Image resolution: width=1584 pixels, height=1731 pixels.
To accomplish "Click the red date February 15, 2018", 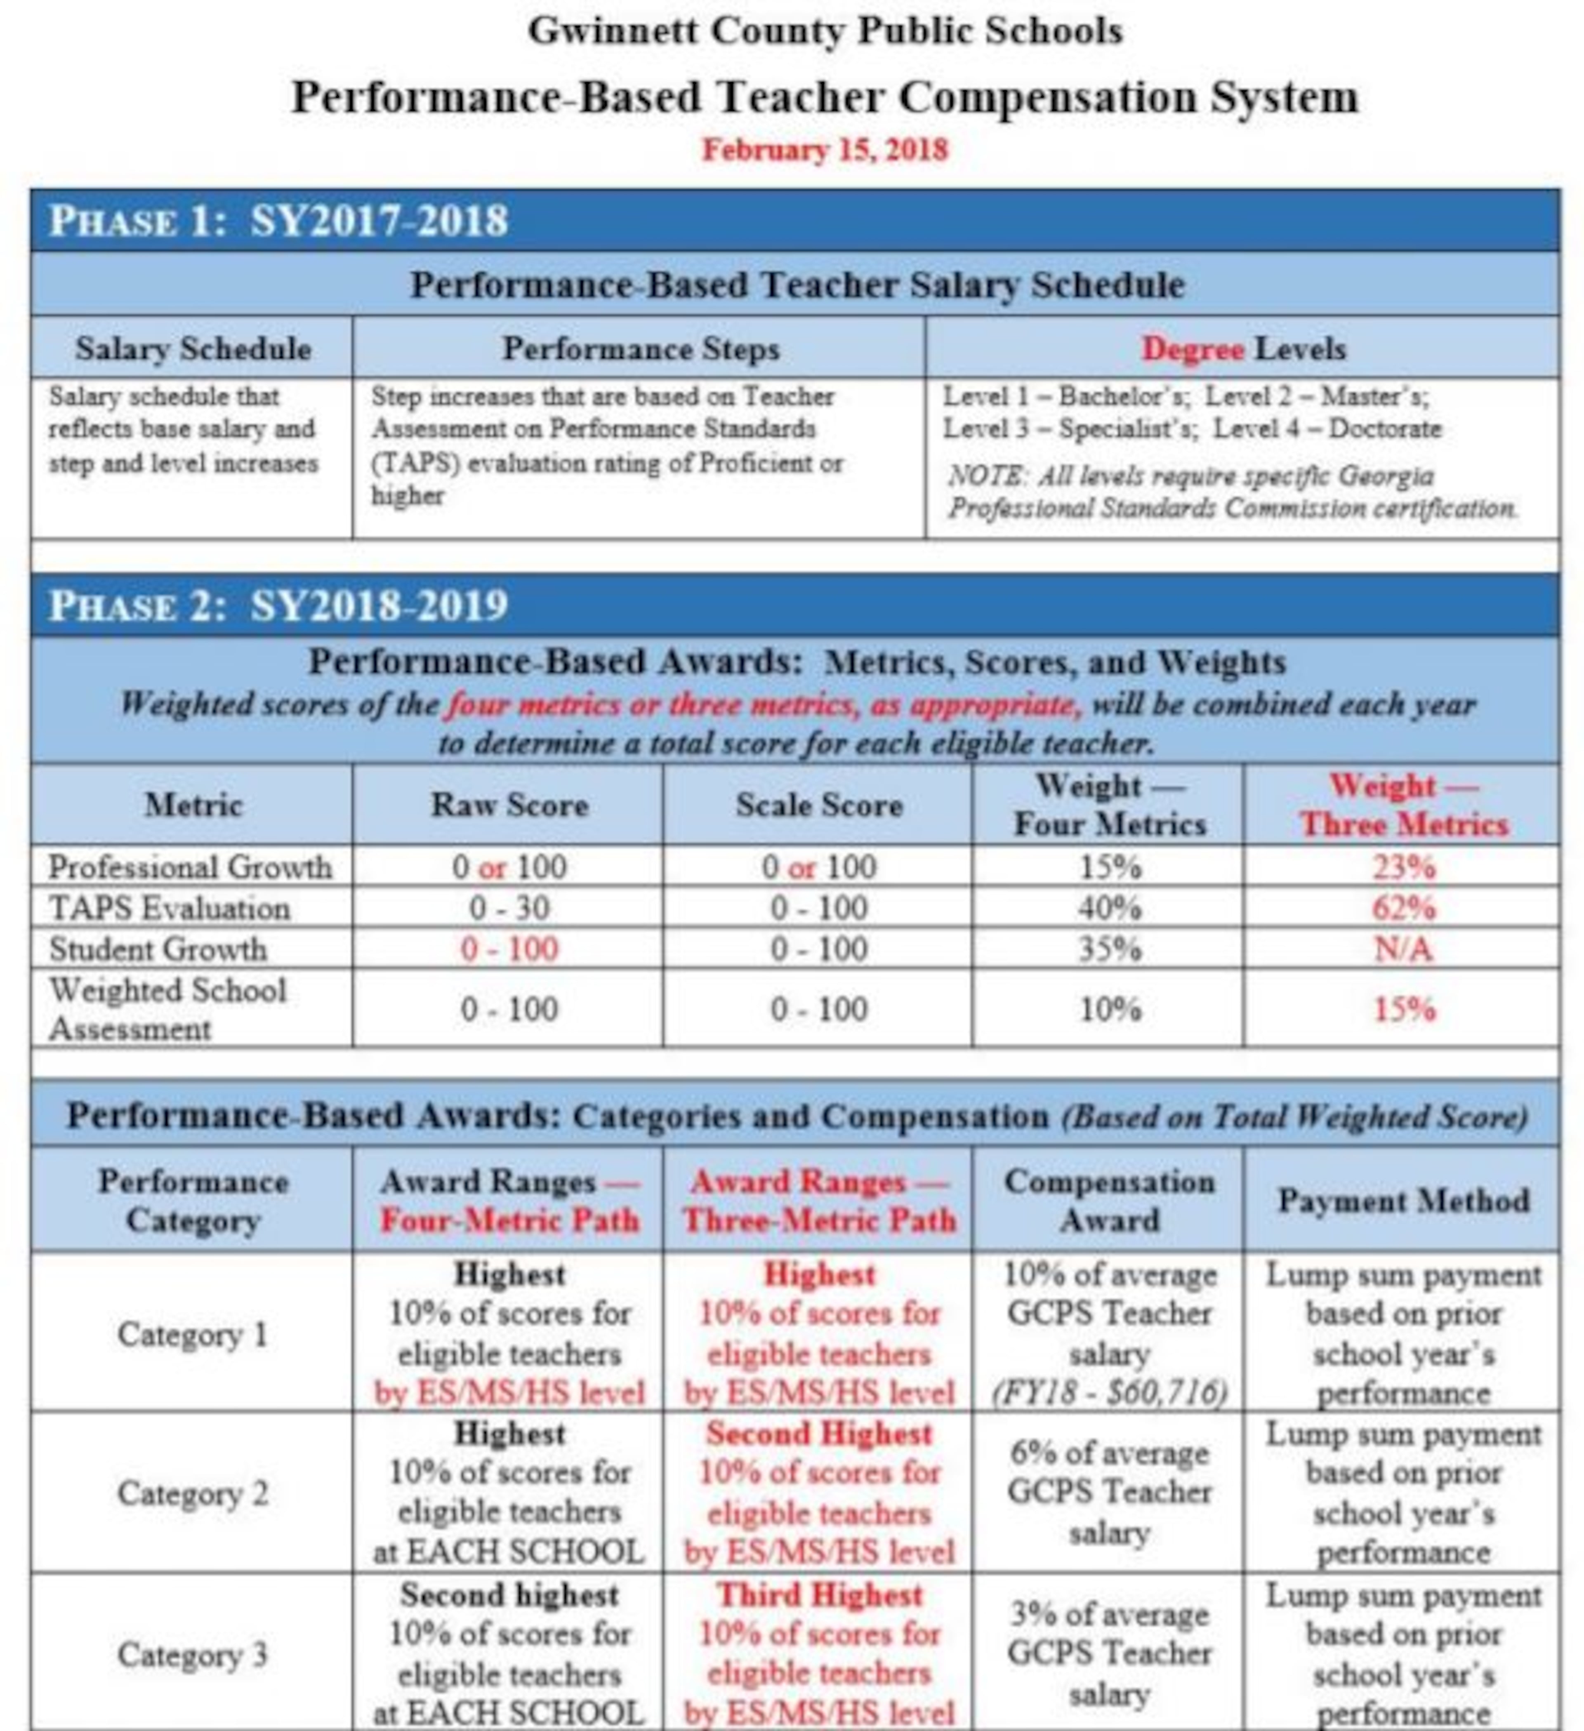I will coord(824,149).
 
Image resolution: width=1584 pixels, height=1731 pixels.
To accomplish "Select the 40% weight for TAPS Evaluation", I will coord(1109,908).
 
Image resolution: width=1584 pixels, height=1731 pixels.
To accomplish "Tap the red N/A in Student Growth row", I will coord(1403,949).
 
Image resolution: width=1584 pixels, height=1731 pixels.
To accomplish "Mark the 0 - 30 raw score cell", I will coord(509,908).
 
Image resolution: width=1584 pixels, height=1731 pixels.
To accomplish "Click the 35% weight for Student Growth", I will coord(1109,949).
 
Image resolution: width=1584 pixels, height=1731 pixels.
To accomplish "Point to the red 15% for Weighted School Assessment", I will coord(1403,1009).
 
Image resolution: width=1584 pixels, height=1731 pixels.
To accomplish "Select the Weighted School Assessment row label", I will coord(167,1009).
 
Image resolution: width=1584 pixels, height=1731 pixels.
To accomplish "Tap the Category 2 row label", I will coord(192,1493).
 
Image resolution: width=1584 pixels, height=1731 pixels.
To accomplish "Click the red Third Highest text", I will coord(819,1594).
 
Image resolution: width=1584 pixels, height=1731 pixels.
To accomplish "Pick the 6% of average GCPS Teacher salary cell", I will coord(1109,1493).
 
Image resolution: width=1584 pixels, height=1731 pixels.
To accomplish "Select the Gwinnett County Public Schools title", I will coord(824,31).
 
